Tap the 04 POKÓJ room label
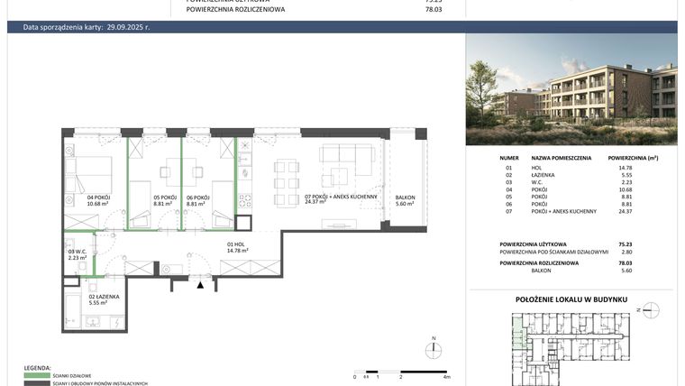tap(97, 198)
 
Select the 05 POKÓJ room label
tap(163, 198)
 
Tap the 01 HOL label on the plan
tap(237, 244)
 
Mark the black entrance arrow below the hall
tap(201, 284)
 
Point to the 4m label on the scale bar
tap(447, 376)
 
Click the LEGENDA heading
tap(37, 369)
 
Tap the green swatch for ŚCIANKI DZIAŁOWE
tap(37, 376)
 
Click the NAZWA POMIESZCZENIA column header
tap(562, 158)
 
